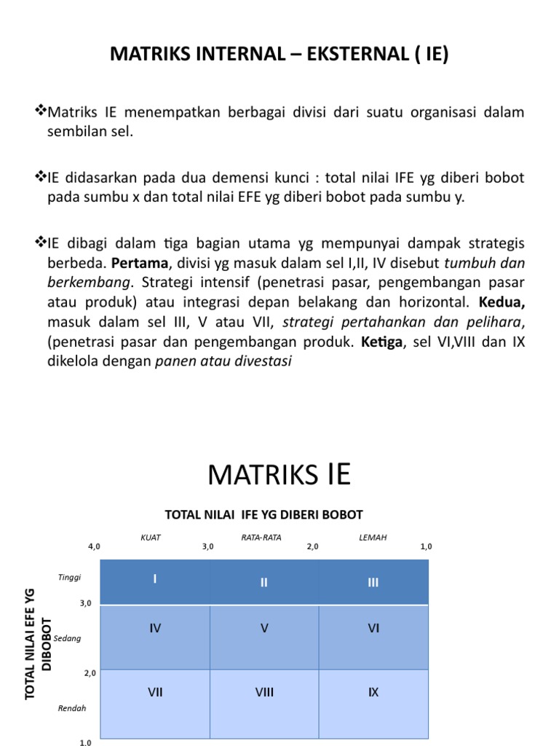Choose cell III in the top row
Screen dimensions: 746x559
click(373, 582)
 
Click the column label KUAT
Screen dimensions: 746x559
click(151, 538)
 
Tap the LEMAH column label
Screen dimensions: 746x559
click(373, 538)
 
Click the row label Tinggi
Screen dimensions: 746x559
click(70, 577)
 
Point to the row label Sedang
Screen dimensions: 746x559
click(68, 638)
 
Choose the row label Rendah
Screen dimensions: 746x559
click(72, 708)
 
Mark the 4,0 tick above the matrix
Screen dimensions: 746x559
click(94, 546)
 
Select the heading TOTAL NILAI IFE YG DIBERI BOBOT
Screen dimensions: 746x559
click(263, 515)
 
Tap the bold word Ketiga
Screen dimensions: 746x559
click(381, 342)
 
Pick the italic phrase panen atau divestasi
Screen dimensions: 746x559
click(223, 361)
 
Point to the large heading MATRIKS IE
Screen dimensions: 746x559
click(279, 475)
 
